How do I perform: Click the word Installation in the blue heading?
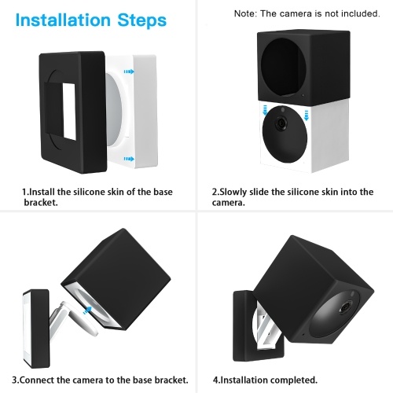click(x=63, y=20)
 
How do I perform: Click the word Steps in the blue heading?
click(x=142, y=20)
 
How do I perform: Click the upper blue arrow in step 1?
click(x=129, y=72)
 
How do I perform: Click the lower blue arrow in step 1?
click(x=129, y=159)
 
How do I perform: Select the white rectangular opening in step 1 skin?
click(x=69, y=112)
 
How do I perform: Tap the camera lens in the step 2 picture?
click(x=281, y=123)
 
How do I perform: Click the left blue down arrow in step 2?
click(x=265, y=110)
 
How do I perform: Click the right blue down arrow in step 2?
click(x=306, y=116)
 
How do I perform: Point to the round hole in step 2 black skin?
click(x=283, y=67)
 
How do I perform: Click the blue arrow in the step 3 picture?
click(x=87, y=310)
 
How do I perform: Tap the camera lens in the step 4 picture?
click(x=346, y=307)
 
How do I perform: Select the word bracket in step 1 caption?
click(x=41, y=202)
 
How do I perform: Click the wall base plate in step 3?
click(x=36, y=329)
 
